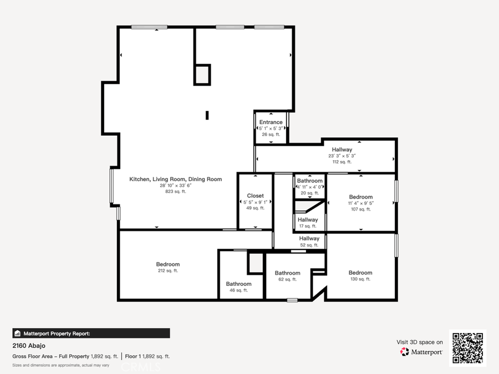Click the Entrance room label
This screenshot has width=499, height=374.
[271, 122]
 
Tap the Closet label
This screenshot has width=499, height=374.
[256, 196]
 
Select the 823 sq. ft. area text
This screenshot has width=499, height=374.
[176, 192]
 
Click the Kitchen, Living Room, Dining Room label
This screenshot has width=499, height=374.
[176, 180]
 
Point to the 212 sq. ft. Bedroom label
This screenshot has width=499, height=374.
[167, 264]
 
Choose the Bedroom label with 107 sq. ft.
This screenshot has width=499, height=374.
[360, 197]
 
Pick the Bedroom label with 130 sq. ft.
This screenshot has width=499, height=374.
[360, 273]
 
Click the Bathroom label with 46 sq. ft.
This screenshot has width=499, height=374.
[238, 284]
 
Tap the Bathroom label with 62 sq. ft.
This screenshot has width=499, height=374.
[287, 273]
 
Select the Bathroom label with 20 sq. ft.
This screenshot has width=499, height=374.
[309, 181]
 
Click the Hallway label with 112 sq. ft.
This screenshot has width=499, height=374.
[342, 150]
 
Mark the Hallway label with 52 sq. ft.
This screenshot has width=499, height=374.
[309, 239]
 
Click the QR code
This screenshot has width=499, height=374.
[467, 348]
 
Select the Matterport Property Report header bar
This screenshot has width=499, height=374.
[91, 334]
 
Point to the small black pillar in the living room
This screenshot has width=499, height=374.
[207, 115]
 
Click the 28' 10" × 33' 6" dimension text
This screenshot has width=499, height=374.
[176, 186]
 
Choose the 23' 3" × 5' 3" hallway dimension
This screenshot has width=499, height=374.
[342, 156]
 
